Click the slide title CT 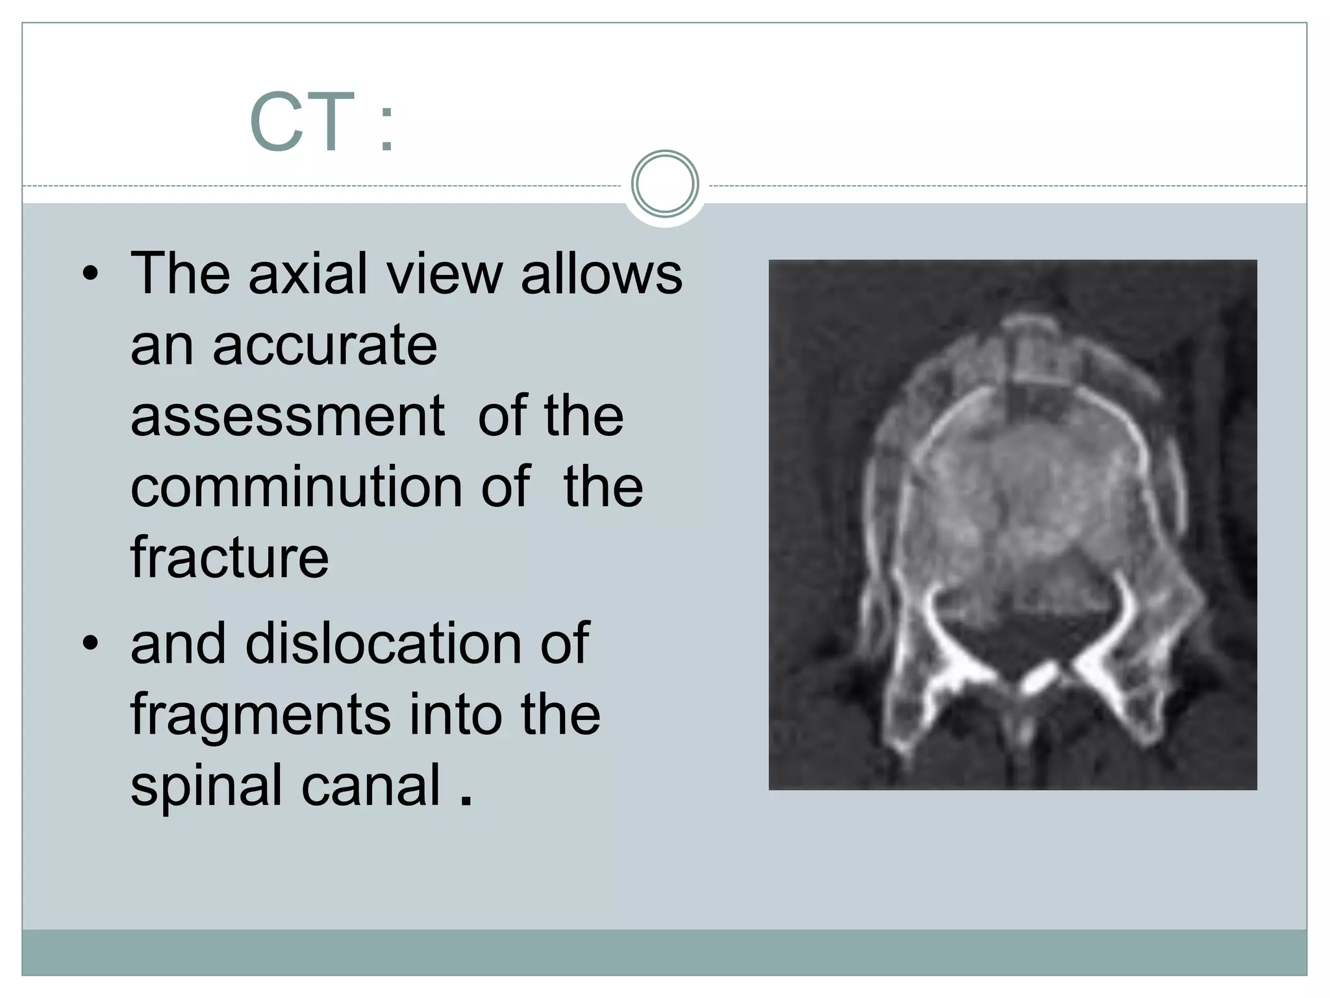(x=302, y=122)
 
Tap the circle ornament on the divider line (x=664, y=184)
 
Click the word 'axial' (x=308, y=274)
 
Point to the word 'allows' (x=601, y=274)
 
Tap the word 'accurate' (x=325, y=345)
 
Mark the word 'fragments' (x=260, y=715)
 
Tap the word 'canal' (x=371, y=786)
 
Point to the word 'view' (x=444, y=274)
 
